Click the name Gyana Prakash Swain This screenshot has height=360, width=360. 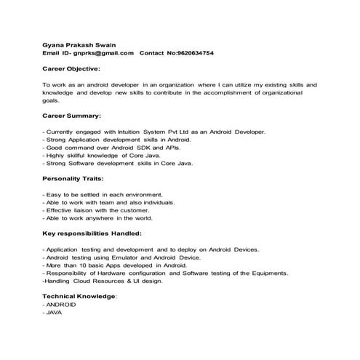[x=74, y=43]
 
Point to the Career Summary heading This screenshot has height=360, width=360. [x=72, y=116]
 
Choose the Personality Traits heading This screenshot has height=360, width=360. [x=73, y=178]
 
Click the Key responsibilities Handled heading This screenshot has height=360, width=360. [x=92, y=233]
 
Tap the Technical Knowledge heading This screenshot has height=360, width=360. [x=79, y=297]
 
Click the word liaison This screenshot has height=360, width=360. [x=90, y=210]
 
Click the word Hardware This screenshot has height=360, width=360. [x=116, y=273]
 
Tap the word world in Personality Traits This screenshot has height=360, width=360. [x=143, y=218]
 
